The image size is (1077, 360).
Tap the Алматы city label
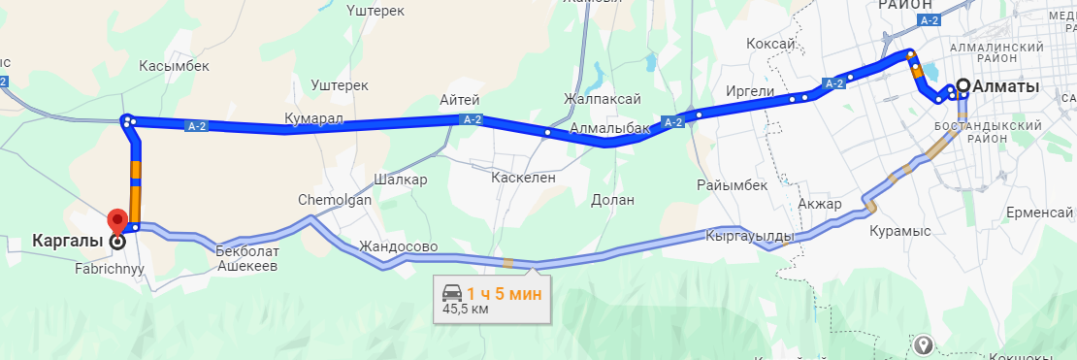coord(1005,86)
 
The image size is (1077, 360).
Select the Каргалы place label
coord(67,239)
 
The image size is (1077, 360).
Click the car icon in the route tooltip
coord(452,292)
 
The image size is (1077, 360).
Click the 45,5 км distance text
coord(465,310)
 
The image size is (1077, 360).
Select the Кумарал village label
coord(314,117)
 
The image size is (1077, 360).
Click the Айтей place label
coord(460,99)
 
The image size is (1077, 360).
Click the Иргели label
coord(750,91)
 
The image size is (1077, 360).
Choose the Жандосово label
coord(398,246)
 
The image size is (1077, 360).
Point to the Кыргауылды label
coord(750,236)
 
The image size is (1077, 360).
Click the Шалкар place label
coord(400,180)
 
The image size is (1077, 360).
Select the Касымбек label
coord(175,65)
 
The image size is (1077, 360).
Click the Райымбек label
coord(732,184)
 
